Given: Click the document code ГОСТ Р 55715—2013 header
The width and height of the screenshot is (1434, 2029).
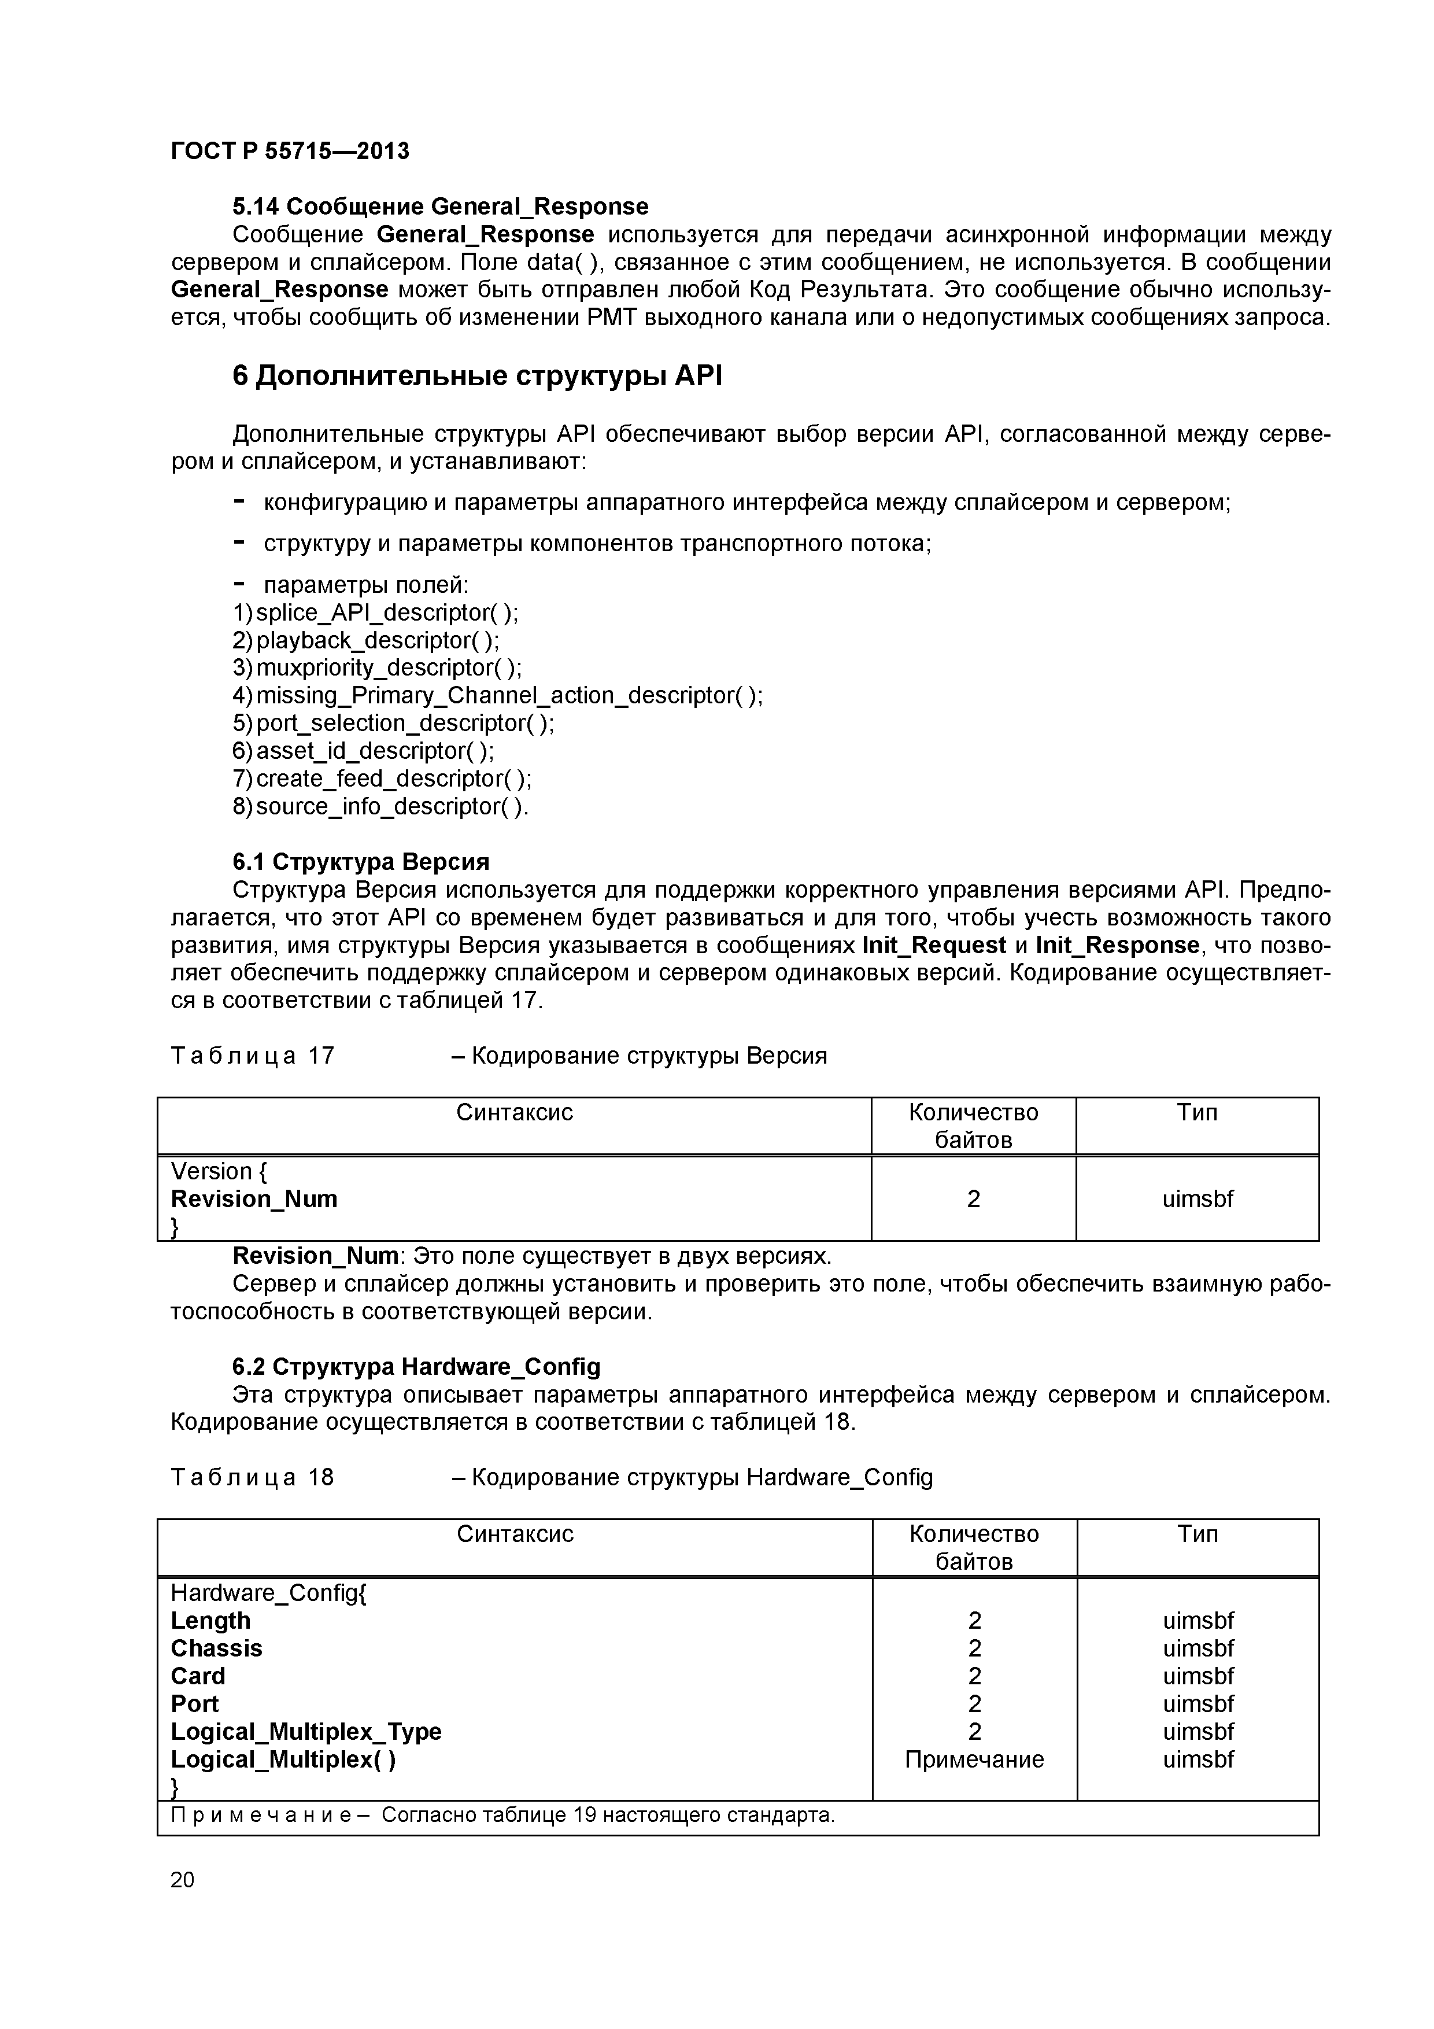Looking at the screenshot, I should click(290, 151).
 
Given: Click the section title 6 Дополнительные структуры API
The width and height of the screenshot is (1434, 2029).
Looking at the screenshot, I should click(477, 377).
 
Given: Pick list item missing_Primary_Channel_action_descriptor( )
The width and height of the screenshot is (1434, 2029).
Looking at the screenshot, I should click(509, 695).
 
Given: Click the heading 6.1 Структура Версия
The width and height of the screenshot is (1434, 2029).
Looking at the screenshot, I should click(360, 862).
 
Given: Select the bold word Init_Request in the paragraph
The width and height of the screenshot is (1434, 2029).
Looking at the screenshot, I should click(934, 945).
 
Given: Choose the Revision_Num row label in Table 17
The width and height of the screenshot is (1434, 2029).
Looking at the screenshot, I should click(254, 1199).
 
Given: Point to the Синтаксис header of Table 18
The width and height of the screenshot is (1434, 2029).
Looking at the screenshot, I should click(514, 1534).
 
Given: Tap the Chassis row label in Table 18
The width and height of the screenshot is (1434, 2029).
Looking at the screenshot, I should click(216, 1649).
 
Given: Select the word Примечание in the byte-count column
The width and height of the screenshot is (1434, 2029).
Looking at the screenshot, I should click(974, 1759).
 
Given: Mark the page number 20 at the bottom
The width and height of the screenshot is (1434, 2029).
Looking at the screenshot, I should click(182, 1880).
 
